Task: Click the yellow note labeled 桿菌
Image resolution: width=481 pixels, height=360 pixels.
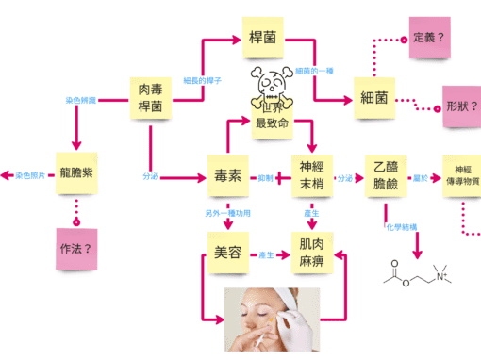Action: tap(262, 39)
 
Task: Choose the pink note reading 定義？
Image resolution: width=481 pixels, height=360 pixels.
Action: tap(430, 40)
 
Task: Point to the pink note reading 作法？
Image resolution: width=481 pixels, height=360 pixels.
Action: tap(75, 250)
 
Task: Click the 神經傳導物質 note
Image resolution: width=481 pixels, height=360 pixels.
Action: tap(461, 173)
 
